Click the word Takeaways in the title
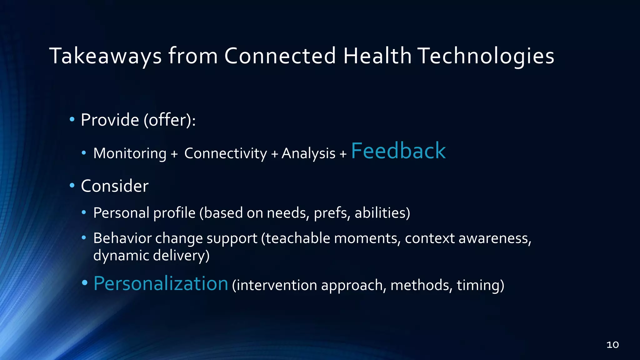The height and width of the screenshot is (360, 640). [106, 57]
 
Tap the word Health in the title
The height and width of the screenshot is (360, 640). [377, 56]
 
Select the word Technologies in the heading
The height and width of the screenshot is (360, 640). [486, 57]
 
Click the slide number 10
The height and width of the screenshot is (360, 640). [612, 345]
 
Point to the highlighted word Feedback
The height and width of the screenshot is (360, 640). [398, 151]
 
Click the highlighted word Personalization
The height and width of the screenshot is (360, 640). [161, 283]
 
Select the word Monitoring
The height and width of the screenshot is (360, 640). [130, 153]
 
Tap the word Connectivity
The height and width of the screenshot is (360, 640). [226, 153]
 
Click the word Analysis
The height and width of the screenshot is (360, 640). [308, 153]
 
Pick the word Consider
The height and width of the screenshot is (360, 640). [115, 186]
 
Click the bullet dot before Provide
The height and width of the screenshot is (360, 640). [72, 119]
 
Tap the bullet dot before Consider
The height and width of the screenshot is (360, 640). [72, 186]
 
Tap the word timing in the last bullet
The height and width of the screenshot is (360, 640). [480, 285]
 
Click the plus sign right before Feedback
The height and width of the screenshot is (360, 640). [343, 154]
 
